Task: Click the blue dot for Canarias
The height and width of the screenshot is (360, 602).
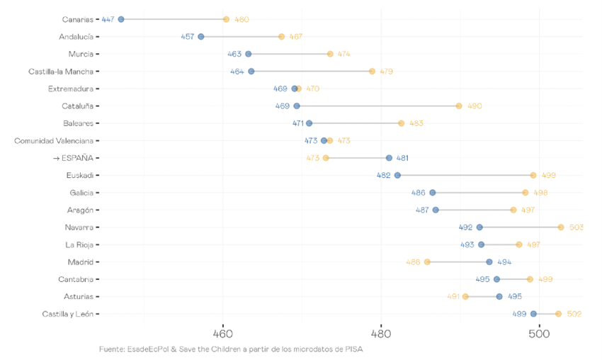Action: tap(121, 19)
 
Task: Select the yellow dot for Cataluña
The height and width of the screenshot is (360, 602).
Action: tap(459, 106)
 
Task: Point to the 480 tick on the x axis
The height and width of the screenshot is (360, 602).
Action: tap(381, 333)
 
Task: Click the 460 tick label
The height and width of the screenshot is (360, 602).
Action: tap(222, 333)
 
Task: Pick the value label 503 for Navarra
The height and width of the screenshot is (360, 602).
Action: tap(576, 227)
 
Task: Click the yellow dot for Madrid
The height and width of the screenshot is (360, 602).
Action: tap(427, 262)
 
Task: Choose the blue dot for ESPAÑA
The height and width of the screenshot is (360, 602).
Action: tap(389, 158)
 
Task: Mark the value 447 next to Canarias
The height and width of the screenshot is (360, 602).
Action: tap(108, 19)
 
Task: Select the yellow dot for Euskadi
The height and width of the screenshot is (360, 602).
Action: tap(533, 175)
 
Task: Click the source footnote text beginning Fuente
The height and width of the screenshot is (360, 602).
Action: tap(231, 349)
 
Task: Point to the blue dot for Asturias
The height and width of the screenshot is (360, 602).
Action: tap(499, 296)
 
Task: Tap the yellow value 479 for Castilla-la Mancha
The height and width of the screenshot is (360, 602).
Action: tap(386, 72)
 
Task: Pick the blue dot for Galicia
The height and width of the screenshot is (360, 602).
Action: tap(433, 193)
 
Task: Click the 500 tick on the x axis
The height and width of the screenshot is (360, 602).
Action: tap(539, 333)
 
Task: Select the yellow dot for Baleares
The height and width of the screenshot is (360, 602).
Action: tap(402, 123)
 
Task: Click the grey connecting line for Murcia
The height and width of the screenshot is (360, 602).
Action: tap(289, 54)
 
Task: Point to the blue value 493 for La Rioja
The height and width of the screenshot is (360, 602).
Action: tap(467, 244)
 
